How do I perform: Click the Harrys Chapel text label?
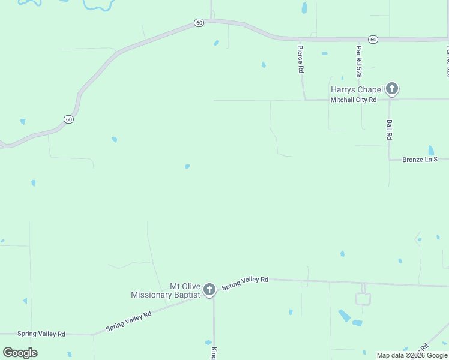tap(357, 89)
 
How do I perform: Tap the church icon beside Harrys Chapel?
tap(391, 89)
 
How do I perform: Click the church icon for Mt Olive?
tap(209, 290)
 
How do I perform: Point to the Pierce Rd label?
tap(301, 58)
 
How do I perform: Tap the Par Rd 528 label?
tap(358, 62)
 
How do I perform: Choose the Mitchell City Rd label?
tap(353, 100)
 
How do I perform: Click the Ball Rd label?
tap(389, 130)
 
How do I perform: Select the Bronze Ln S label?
tap(420, 160)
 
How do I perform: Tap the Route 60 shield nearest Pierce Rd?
tap(373, 40)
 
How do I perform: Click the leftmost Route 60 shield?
tap(69, 119)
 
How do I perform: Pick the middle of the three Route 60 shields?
tap(199, 23)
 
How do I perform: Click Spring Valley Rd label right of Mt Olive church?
tap(245, 284)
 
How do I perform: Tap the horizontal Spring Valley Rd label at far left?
tap(41, 334)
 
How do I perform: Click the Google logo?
tap(20, 352)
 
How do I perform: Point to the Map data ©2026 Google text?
tap(412, 355)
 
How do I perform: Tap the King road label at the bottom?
tap(213, 352)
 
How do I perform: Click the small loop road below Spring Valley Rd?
tap(363, 299)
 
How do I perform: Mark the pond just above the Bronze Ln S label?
tap(431, 150)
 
